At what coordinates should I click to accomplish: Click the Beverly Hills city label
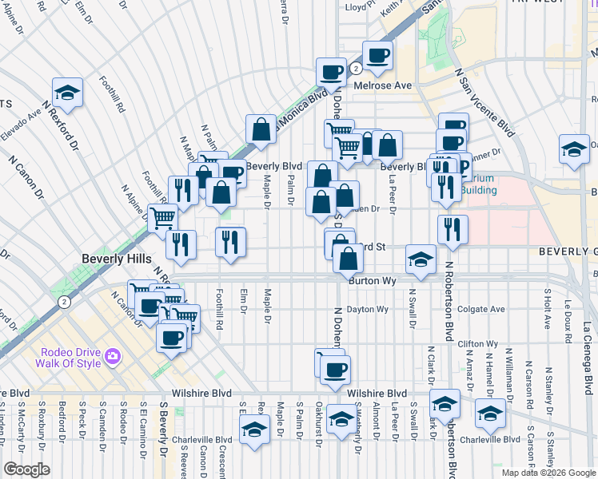pos(111,259)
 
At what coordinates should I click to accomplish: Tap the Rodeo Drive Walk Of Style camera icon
pos(113,354)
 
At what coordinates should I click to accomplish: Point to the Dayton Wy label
pos(367,309)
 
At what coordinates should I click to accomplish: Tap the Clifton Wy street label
pos(479,343)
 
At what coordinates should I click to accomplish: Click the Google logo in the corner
pos(26,469)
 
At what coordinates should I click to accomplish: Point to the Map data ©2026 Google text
pos(548,473)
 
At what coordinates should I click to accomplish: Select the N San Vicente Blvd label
pos(483,100)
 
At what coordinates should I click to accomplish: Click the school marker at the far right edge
pos(574,148)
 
